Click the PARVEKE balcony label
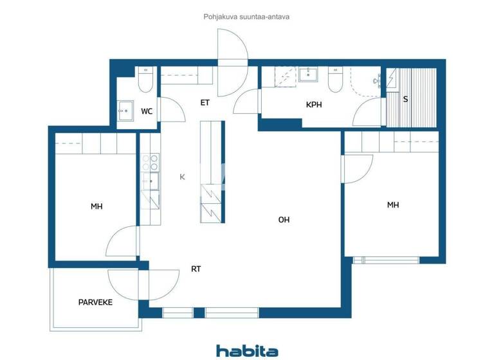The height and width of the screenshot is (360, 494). tap(95, 301)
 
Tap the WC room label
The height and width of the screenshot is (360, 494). tap(147, 111)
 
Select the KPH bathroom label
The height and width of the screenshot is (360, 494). tap(314, 104)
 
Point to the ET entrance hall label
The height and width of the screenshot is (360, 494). tap(205, 102)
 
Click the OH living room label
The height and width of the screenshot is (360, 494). tap(284, 220)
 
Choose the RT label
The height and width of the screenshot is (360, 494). tap(196, 269)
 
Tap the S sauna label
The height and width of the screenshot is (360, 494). tap(405, 99)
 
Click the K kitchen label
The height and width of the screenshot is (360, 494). tap(182, 177)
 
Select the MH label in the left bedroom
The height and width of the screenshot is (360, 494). tap(96, 206)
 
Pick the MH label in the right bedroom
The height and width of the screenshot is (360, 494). tap(392, 205)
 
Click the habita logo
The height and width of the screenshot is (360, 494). tap(247, 350)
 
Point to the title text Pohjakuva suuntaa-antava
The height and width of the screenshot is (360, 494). tap(246, 17)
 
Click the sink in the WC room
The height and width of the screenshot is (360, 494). tap(125, 110)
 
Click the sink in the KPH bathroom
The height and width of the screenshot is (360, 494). tap(308, 75)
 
